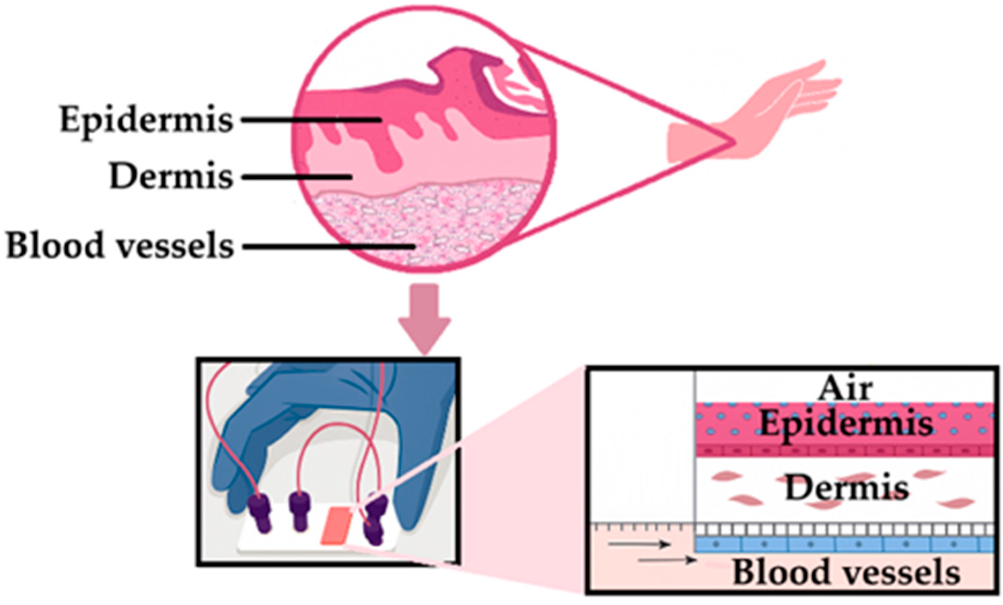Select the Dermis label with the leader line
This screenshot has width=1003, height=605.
coord(171,177)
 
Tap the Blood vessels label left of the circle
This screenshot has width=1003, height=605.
coord(120,245)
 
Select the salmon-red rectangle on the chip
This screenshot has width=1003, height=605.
coord(338,525)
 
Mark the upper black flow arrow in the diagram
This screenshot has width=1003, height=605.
coord(639,545)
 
